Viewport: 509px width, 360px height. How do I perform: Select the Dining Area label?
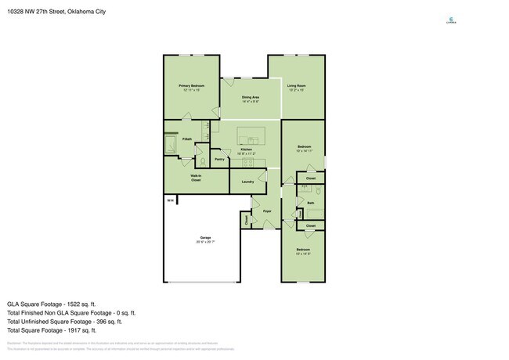tap(251, 97)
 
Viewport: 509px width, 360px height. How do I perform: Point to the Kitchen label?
tap(246, 149)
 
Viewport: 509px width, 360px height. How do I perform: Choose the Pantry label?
tap(219, 160)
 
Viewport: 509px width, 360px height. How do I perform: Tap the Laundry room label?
tap(247, 182)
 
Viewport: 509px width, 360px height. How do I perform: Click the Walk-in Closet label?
tap(196, 178)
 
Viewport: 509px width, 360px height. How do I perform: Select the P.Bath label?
tap(187, 139)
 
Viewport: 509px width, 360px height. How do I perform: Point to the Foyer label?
tap(267, 211)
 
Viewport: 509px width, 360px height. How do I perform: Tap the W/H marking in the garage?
tap(170, 202)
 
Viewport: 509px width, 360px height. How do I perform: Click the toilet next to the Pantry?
tap(203, 160)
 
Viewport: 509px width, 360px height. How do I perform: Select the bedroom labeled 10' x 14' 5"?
tap(303, 252)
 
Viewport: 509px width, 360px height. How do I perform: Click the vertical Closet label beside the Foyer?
tap(247, 221)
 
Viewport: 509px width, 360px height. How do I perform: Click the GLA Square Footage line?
tap(51, 303)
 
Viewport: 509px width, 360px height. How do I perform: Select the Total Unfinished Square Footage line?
tap(64, 321)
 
